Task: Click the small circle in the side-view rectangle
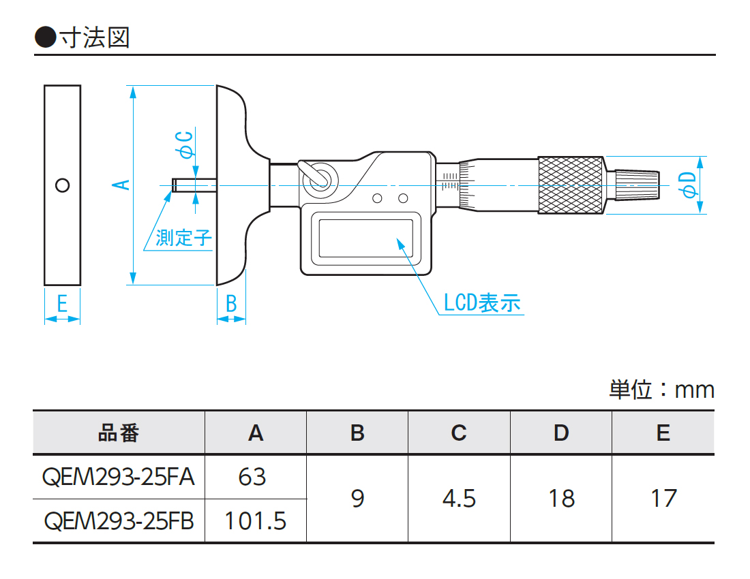[x=62, y=185]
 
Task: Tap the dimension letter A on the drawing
[x=121, y=185]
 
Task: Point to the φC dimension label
[x=184, y=144]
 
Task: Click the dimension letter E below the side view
[x=62, y=304]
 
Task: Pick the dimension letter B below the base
[x=231, y=304]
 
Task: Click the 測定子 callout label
[x=183, y=238]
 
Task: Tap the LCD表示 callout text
[x=482, y=302]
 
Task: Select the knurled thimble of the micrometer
[x=571, y=185]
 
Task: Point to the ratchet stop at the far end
[x=638, y=185]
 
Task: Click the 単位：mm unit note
[x=661, y=390]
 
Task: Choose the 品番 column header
[x=119, y=433]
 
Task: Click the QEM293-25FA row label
[x=119, y=477]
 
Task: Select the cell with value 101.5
[x=256, y=521]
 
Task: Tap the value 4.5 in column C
[x=459, y=499]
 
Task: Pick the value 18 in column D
[x=561, y=499]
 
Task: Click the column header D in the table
[x=561, y=433]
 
